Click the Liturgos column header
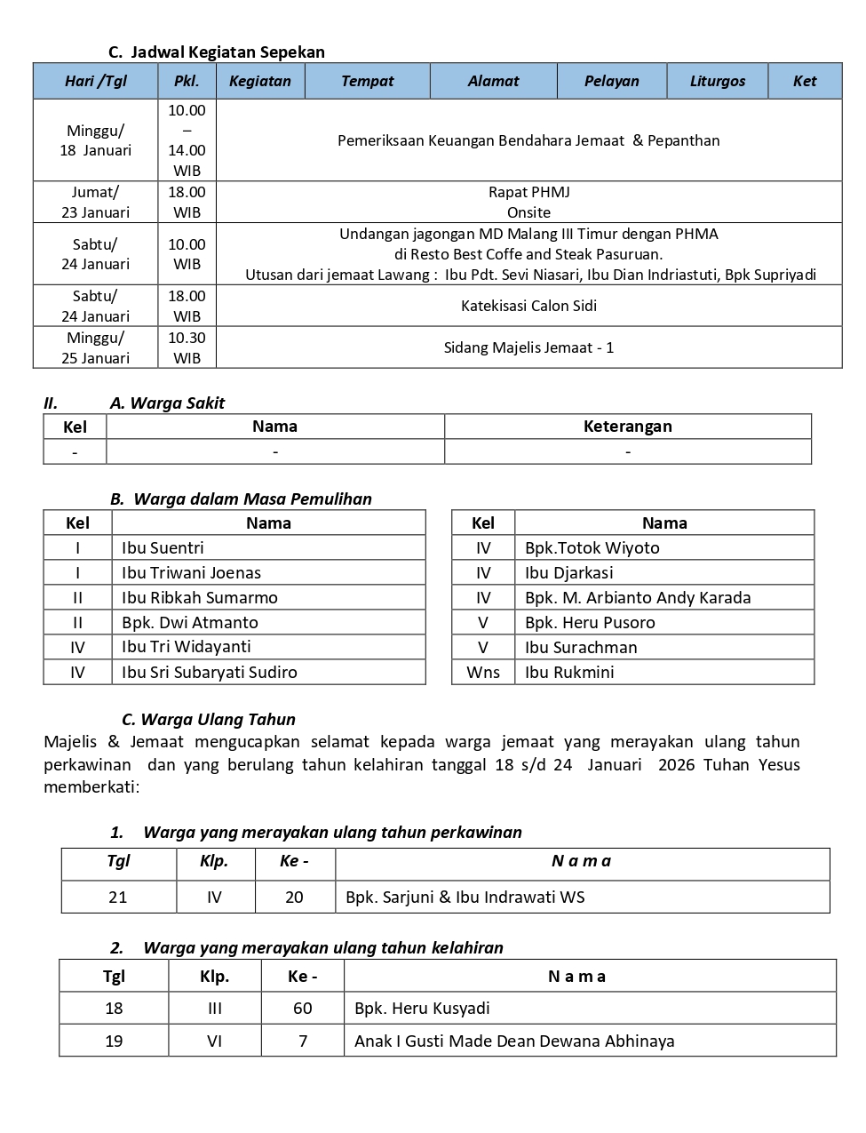pyautogui.click(x=717, y=81)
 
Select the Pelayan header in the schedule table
pyautogui.click(x=611, y=81)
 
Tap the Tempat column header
pyautogui.click(x=367, y=81)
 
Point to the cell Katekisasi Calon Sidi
pyautogui.click(x=528, y=306)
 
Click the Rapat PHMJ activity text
pyautogui.click(x=528, y=192)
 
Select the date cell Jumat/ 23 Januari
pyautogui.click(x=95, y=202)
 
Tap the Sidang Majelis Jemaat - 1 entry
pyautogui.click(x=528, y=347)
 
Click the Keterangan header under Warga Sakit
pyautogui.click(x=627, y=427)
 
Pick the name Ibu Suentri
pyautogui.click(x=163, y=547)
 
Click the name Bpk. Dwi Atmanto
pyautogui.click(x=190, y=622)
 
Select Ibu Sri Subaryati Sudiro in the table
pyautogui.click(x=210, y=672)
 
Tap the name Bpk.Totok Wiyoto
pyautogui.click(x=592, y=547)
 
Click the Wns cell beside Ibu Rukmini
pyautogui.click(x=483, y=672)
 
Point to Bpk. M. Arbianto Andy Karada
pyautogui.click(x=638, y=597)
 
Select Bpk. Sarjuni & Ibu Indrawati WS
pyautogui.click(x=465, y=897)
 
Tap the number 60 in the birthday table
pyautogui.click(x=303, y=1008)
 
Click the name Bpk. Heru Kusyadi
pyautogui.click(x=422, y=1008)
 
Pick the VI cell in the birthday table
pyautogui.click(x=214, y=1041)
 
